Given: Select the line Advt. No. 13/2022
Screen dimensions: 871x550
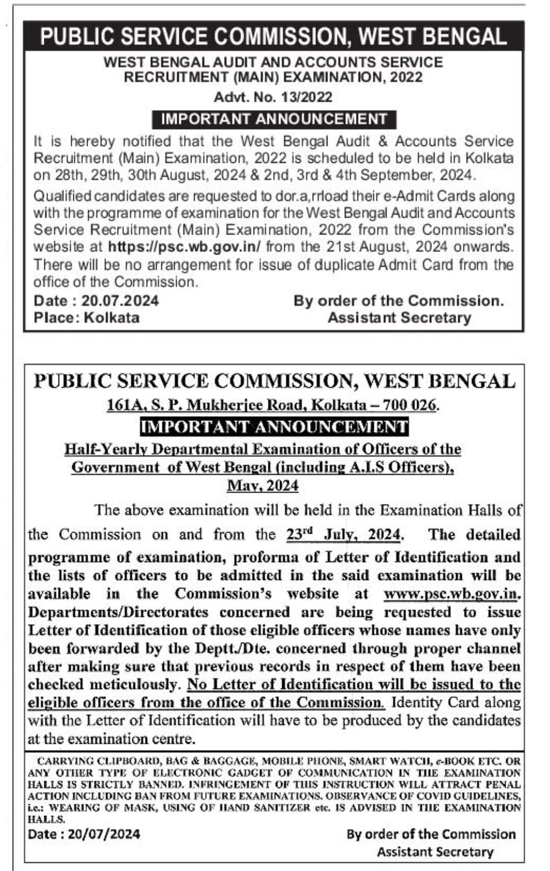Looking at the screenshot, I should pos(273,97).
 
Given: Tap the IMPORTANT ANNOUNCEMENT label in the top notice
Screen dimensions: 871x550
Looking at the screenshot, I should pos(274,119).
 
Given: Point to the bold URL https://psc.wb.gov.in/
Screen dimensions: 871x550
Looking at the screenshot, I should pos(184,247).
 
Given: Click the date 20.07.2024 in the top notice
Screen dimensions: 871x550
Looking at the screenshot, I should pos(120,301).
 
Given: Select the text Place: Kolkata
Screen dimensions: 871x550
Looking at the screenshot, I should pos(87,317).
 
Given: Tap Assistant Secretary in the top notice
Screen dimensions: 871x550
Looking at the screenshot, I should pos(399,318).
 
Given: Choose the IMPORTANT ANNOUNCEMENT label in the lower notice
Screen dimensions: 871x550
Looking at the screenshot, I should pos(274,426).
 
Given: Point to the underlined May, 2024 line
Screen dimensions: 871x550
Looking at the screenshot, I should pos(262,485).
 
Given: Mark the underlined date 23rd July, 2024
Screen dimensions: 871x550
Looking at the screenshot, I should pos(344,535).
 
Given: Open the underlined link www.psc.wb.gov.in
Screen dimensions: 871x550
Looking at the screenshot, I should pos(452,594).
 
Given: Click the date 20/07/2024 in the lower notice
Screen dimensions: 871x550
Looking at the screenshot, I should pos(104,834).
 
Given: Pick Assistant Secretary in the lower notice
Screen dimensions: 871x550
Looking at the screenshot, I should pos(435,852).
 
